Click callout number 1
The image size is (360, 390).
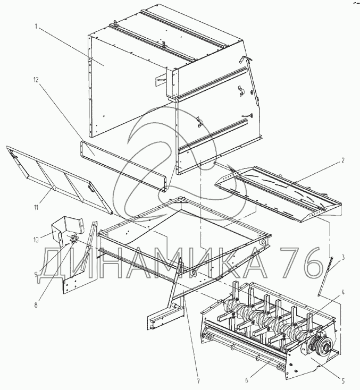(x=36, y=27)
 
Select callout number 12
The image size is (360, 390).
(x=36, y=80)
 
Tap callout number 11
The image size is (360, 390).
(x=36, y=207)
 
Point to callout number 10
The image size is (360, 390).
(x=35, y=240)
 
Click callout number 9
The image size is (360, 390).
(x=36, y=275)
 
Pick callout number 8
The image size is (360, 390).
(x=36, y=305)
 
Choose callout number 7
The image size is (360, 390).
(x=198, y=381)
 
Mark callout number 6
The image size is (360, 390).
(x=246, y=380)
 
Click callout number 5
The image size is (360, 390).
(x=343, y=380)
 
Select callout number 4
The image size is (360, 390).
(x=343, y=293)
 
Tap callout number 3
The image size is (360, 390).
(x=343, y=257)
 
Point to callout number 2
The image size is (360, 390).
(x=343, y=160)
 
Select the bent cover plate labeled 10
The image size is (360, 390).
(x=67, y=229)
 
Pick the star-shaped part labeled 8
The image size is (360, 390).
(x=74, y=239)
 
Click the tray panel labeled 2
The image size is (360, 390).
(x=278, y=194)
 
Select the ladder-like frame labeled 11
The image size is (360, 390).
(x=58, y=180)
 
